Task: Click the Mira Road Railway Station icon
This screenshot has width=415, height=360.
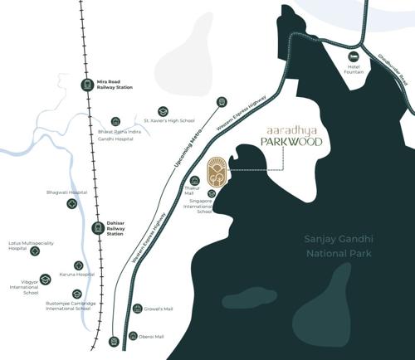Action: [86, 83]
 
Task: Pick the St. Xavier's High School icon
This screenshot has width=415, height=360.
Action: [164, 111]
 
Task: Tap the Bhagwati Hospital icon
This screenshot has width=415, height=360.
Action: [72, 203]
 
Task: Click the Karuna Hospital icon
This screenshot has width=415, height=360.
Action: [79, 265]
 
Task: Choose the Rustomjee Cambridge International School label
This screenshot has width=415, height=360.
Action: [76, 307]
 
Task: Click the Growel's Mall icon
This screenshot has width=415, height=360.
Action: [138, 309]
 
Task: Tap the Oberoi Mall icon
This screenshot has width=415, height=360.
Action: [134, 336]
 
